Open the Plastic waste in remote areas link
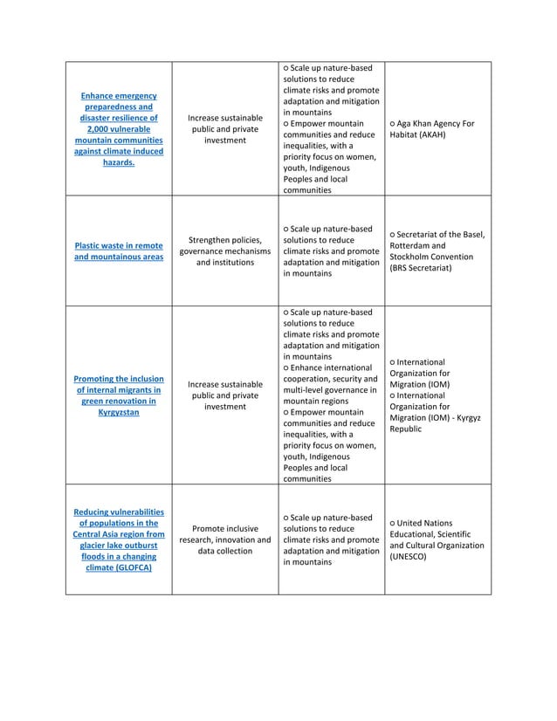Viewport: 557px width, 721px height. pos(118,251)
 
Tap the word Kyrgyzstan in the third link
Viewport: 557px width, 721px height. pos(118,412)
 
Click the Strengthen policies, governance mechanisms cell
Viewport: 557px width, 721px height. pos(224,251)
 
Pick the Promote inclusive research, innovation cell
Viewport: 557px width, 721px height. pos(224,539)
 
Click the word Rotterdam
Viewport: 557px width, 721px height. pos(414,245)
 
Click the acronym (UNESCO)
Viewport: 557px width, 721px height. pos(408,556)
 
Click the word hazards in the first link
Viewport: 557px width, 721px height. pos(117,162)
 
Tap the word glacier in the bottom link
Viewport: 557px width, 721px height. pos(97,545)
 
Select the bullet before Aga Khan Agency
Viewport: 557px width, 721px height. pos(394,124)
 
